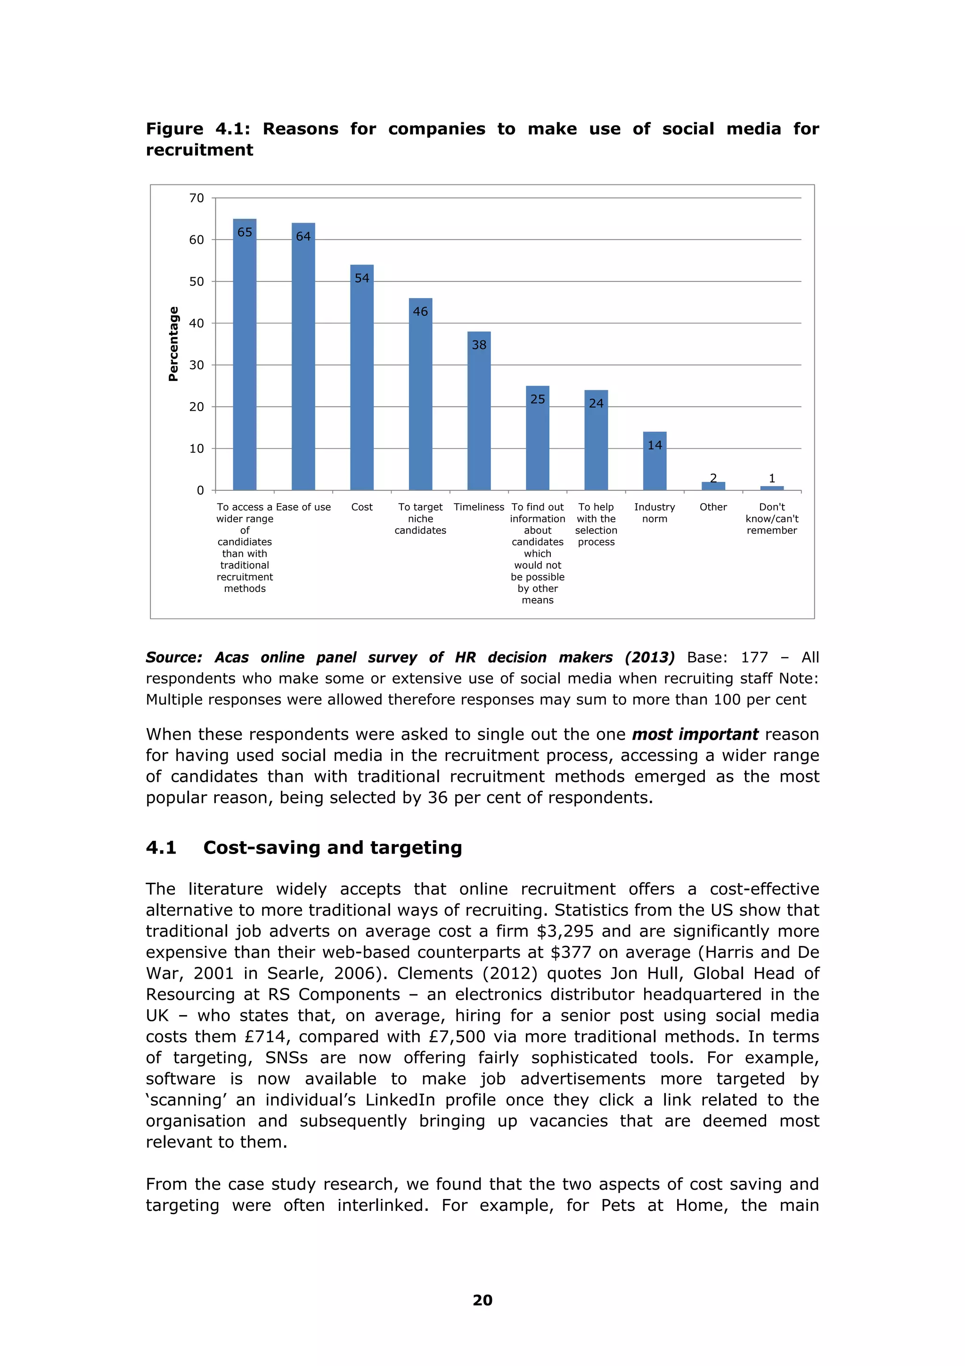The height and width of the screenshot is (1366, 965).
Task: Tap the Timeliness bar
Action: (479, 416)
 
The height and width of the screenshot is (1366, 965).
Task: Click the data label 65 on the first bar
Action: (245, 232)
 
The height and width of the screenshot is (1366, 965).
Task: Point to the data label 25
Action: (538, 400)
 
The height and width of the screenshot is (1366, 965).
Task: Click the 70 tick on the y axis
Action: (196, 198)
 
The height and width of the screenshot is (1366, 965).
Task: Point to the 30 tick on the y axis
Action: (196, 365)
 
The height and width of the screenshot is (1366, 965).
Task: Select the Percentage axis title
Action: (173, 344)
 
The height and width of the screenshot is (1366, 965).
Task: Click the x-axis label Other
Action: (713, 507)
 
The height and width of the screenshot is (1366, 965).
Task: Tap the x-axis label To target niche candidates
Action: (420, 518)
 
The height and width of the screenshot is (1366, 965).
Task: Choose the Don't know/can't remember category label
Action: (772, 518)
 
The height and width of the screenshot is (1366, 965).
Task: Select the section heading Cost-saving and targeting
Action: (332, 847)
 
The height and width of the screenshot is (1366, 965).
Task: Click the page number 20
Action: (482, 1300)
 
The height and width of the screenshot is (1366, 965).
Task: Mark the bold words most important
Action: (695, 735)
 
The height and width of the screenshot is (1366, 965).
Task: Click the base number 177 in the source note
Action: (754, 657)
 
